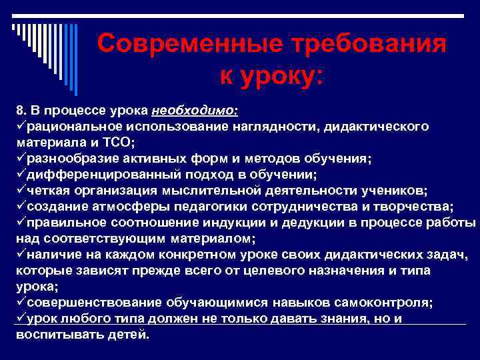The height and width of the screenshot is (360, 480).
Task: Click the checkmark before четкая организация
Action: [x=21, y=190]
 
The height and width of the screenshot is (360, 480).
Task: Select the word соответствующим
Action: [x=97, y=238]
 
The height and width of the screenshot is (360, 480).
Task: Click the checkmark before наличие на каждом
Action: [x=21, y=254]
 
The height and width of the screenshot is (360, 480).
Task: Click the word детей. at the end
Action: [x=129, y=334]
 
